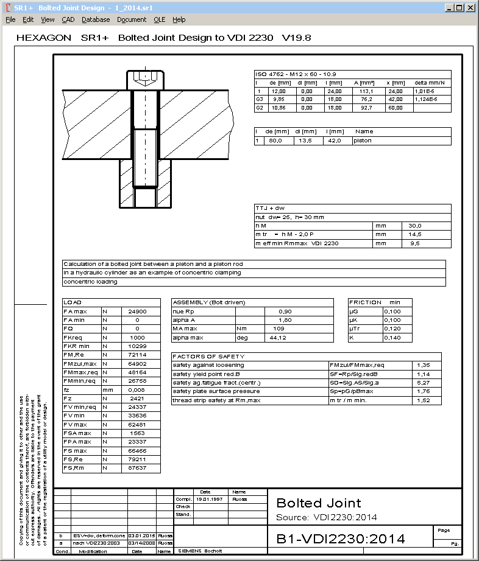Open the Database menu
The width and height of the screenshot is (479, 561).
[x=96, y=19]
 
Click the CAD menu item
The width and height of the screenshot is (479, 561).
[x=68, y=19]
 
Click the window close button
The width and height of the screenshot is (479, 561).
[x=470, y=8]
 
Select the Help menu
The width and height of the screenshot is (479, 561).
[x=179, y=19]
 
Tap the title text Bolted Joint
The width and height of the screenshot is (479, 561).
[x=319, y=503]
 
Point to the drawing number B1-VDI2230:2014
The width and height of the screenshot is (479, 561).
[x=341, y=538]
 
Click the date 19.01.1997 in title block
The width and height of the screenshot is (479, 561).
[x=209, y=499]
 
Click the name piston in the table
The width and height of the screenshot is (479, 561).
[x=363, y=141]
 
